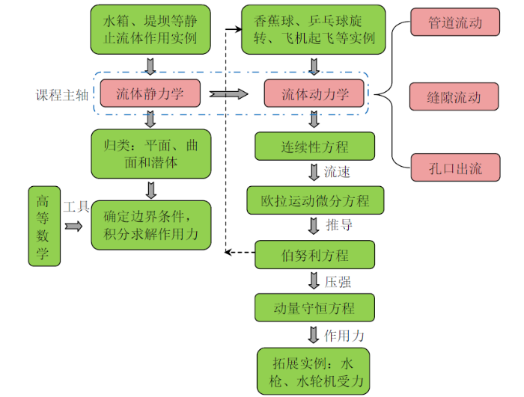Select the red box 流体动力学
coord(314,94)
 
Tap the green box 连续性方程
coord(314,147)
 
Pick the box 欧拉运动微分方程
coord(314,201)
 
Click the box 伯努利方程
coord(314,255)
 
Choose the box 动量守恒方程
coord(314,308)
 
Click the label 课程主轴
coord(61,95)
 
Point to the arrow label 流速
coord(338,173)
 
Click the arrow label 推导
coord(338,225)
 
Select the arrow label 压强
coord(338,282)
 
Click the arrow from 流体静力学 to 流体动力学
coord(228,94)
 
